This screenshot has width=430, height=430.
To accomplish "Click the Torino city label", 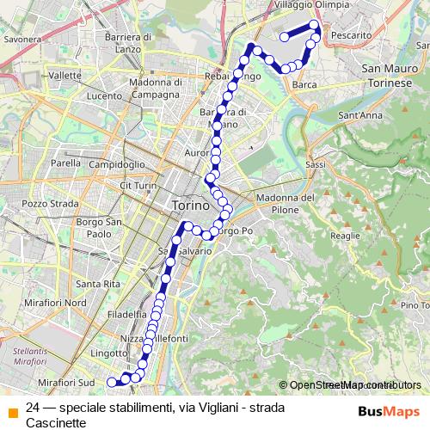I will pyautogui.click(x=190, y=206).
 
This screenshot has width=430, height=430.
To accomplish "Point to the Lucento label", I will pyautogui.click(x=104, y=95).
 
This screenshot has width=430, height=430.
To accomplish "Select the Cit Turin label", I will pyautogui.click(x=138, y=185).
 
